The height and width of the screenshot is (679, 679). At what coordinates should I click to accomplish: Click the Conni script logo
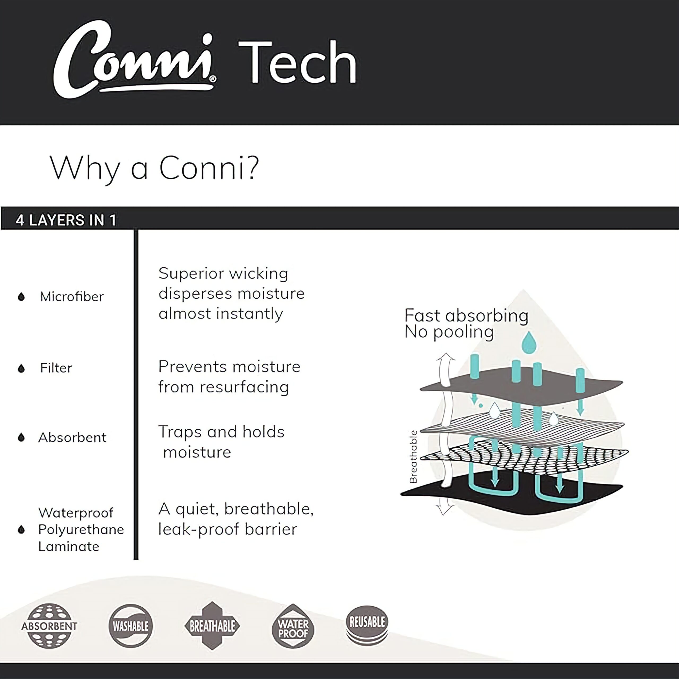(134, 60)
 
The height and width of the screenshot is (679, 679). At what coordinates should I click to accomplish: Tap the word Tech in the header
(298, 62)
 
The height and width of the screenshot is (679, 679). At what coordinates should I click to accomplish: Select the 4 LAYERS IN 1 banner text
(66, 220)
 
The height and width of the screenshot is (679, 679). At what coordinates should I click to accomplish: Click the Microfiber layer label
(72, 297)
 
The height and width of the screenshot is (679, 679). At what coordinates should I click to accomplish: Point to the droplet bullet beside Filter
(21, 368)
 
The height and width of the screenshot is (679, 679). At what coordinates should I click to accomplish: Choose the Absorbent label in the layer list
(72, 438)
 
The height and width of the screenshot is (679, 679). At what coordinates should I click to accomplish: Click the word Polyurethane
(81, 530)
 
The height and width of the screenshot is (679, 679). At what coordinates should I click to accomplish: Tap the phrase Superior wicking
(223, 274)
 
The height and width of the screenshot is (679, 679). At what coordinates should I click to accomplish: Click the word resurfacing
(244, 387)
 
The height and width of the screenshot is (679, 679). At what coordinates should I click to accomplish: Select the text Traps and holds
(221, 432)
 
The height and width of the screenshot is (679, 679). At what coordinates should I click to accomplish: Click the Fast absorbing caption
(466, 316)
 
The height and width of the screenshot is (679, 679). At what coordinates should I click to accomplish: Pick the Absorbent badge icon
(49, 626)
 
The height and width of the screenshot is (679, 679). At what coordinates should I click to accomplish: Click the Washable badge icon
(130, 626)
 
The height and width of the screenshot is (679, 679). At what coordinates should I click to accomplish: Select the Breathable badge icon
(212, 626)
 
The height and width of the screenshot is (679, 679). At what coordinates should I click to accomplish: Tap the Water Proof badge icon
(293, 626)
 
